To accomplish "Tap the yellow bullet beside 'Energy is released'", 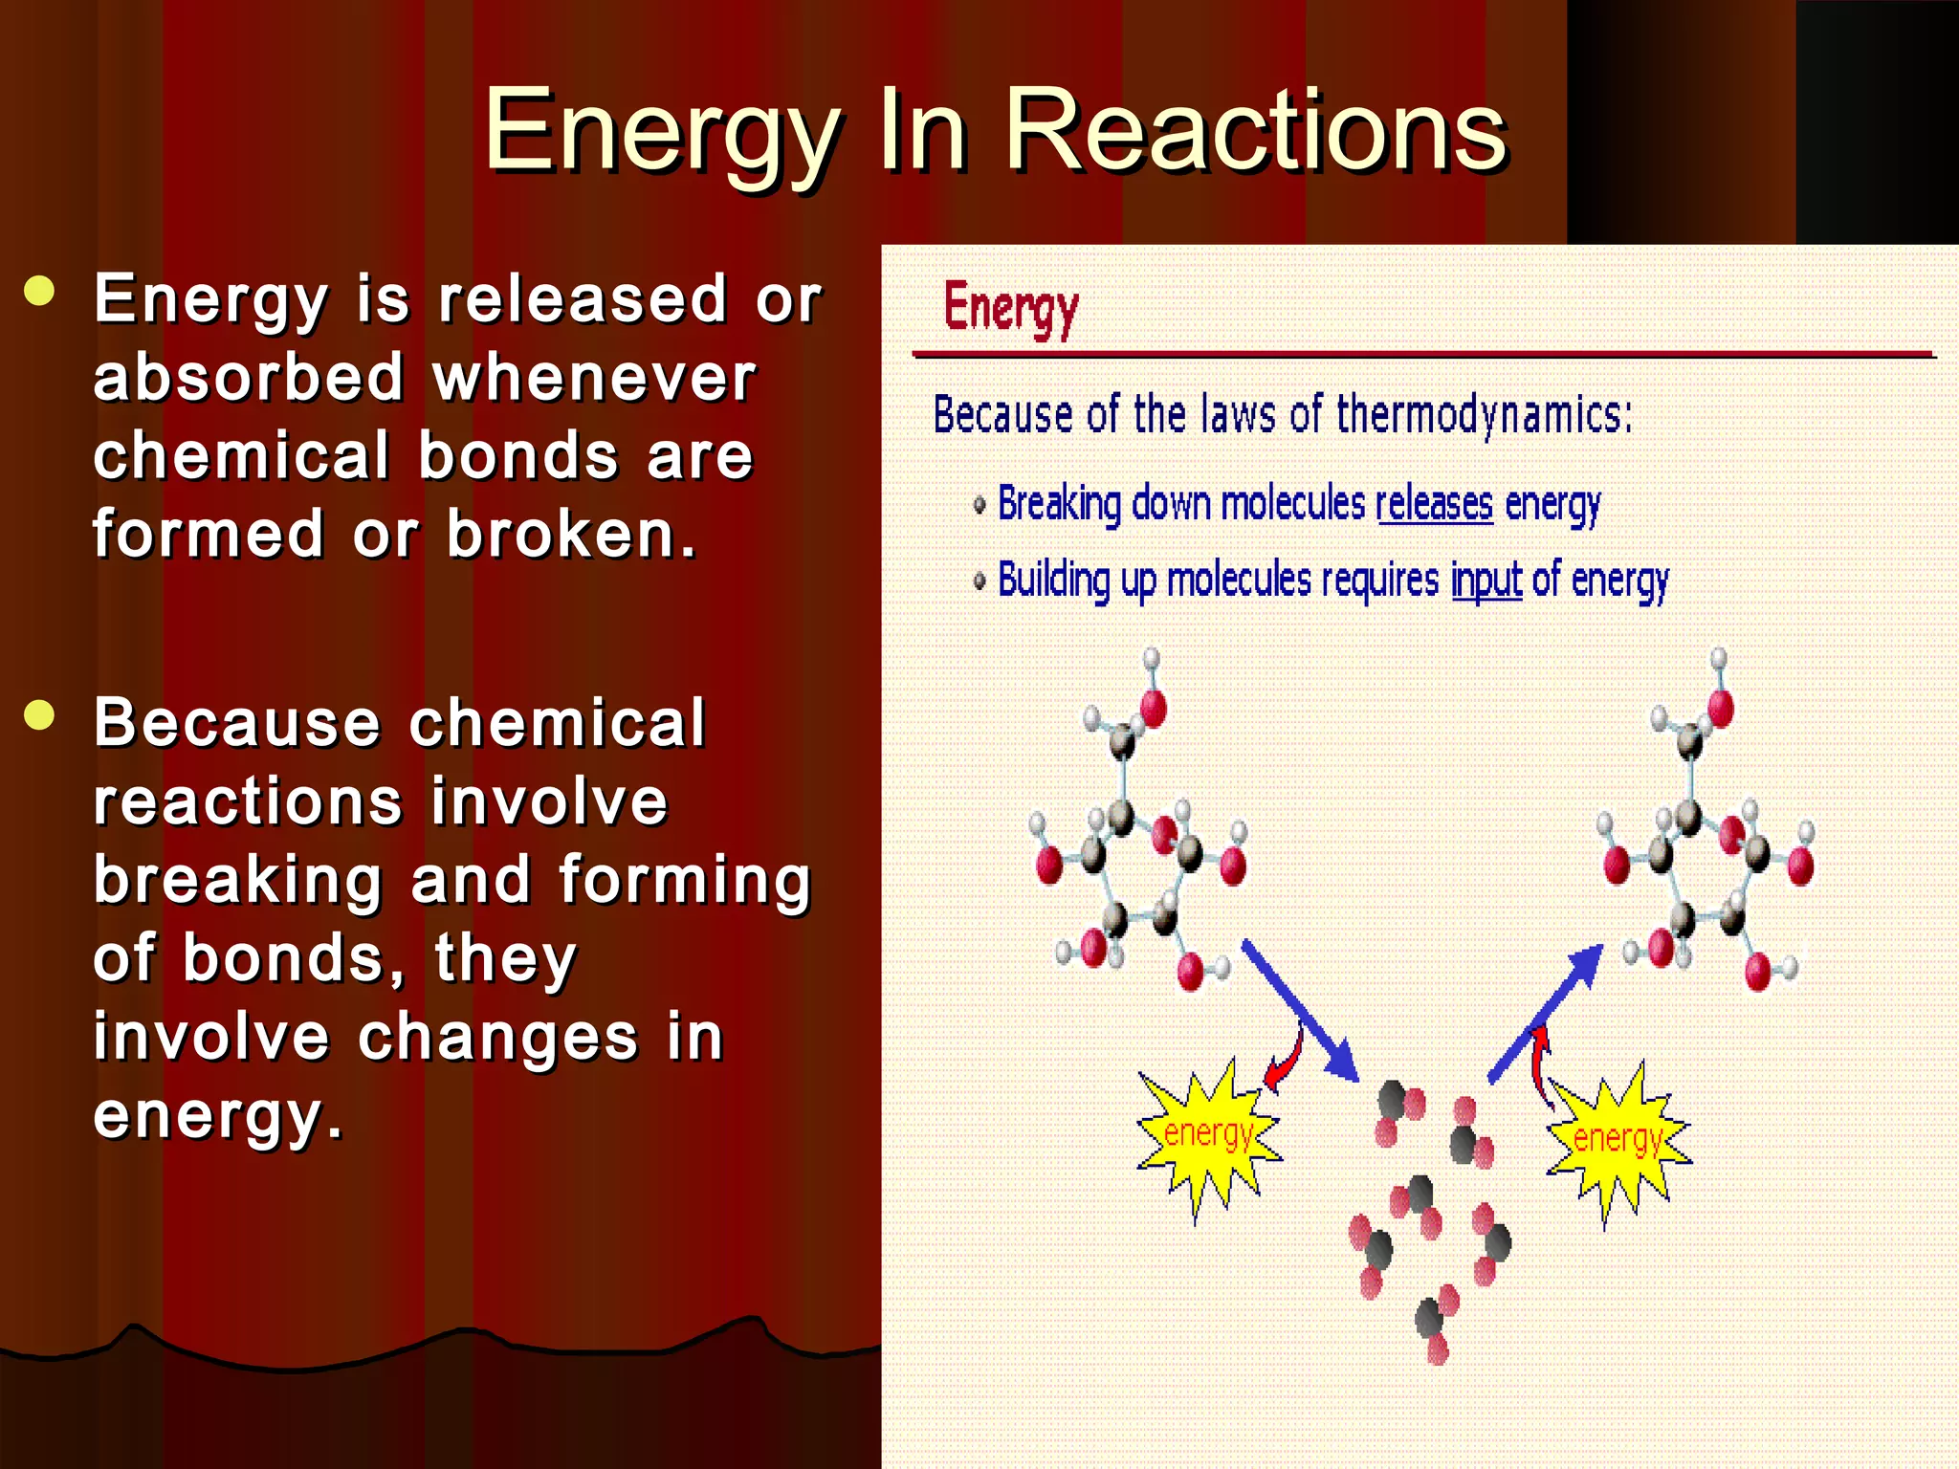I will click(x=40, y=292).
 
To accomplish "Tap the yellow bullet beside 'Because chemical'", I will click(x=40, y=714).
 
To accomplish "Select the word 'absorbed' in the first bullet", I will click(x=250, y=377).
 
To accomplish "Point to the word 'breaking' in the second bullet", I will click(x=238, y=880).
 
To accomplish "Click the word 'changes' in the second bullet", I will click(x=497, y=1037).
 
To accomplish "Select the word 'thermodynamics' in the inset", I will click(x=1484, y=415).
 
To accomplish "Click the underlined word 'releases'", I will click(x=1434, y=503).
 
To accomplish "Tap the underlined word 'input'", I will click(x=1486, y=581).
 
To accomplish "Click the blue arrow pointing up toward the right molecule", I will click(x=1546, y=1013).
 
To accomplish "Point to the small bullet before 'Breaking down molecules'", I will click(x=979, y=505).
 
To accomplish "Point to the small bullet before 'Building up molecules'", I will click(x=979, y=581).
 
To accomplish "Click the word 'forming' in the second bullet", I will click(x=684, y=880).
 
